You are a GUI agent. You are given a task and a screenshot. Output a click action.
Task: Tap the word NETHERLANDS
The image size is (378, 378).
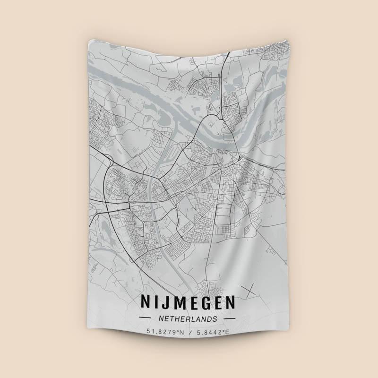pyautogui.click(x=188, y=318)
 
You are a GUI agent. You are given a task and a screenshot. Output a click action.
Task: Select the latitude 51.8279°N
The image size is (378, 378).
pyautogui.click(x=165, y=332)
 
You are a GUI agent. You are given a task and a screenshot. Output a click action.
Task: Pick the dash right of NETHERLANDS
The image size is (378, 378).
pyautogui.click(x=230, y=318)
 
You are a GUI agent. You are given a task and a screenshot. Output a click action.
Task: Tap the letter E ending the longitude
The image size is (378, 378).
pyautogui.click(x=227, y=332)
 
